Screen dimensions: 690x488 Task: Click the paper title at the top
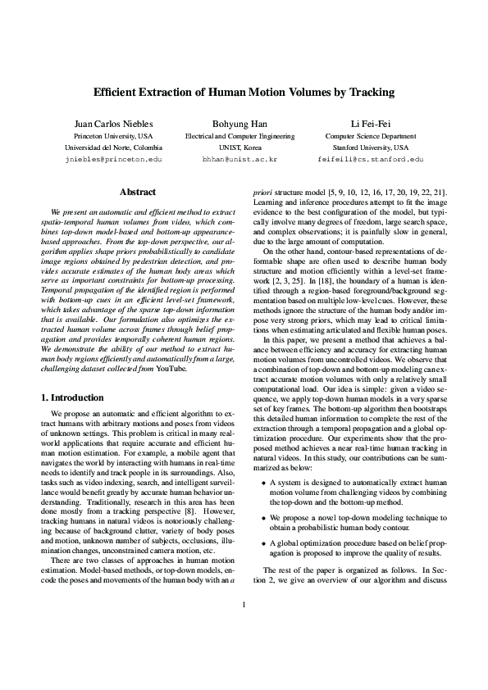pyautogui.click(x=244, y=93)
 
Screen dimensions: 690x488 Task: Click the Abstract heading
pyautogui.click(x=137, y=193)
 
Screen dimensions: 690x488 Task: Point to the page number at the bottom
pyautogui.click(x=244, y=651)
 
